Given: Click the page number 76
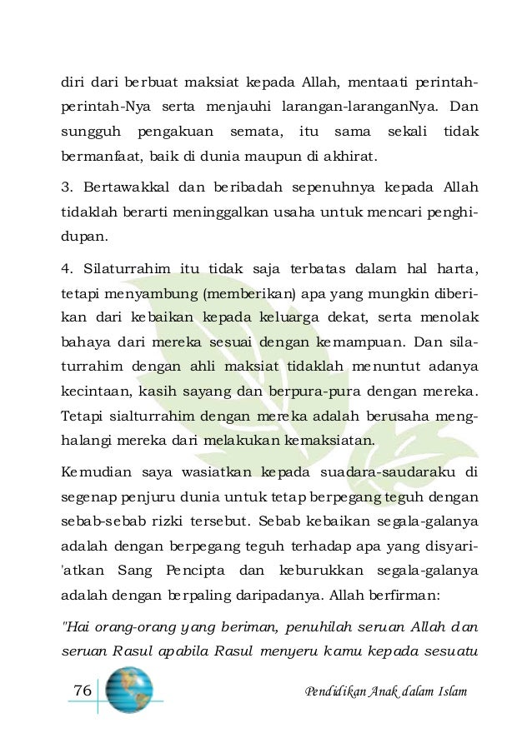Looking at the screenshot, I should [82, 691].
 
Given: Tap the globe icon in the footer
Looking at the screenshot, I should [129, 690].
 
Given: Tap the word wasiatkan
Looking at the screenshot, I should [220, 473].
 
